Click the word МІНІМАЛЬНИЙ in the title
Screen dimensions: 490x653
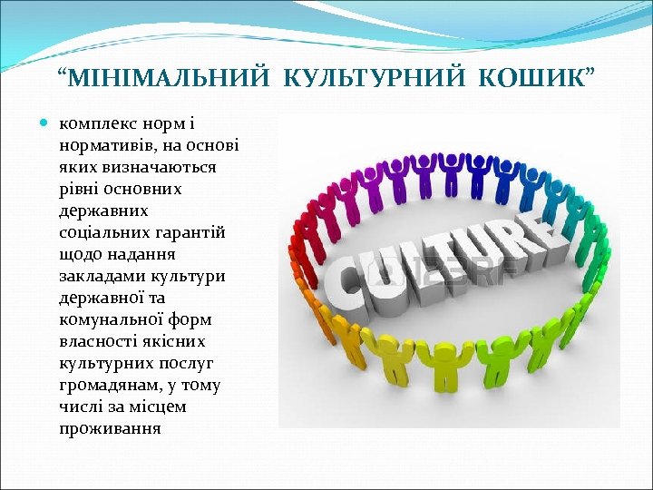pyautogui.click(x=171, y=79)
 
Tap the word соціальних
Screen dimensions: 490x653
pyautogui.click(x=99, y=232)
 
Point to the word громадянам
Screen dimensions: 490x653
pyautogui.click(x=102, y=385)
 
